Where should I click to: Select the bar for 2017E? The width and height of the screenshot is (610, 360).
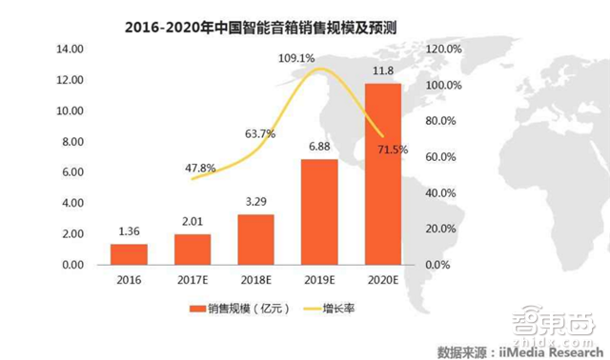(192, 249)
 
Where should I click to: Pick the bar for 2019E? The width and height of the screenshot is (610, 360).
(319, 211)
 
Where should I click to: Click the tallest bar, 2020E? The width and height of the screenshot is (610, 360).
(382, 173)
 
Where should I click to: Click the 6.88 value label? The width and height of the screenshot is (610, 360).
(318, 146)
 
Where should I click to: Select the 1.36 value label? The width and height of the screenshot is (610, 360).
(129, 230)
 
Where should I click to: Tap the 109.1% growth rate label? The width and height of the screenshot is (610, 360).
(295, 58)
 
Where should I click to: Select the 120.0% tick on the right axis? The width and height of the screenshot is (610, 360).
(443, 49)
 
